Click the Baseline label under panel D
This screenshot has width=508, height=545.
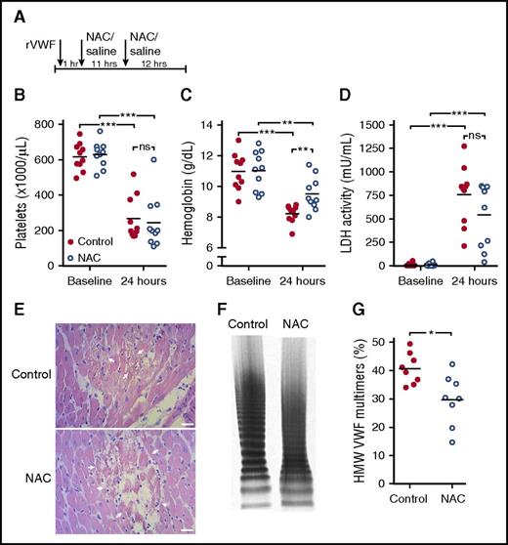click(418, 279)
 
